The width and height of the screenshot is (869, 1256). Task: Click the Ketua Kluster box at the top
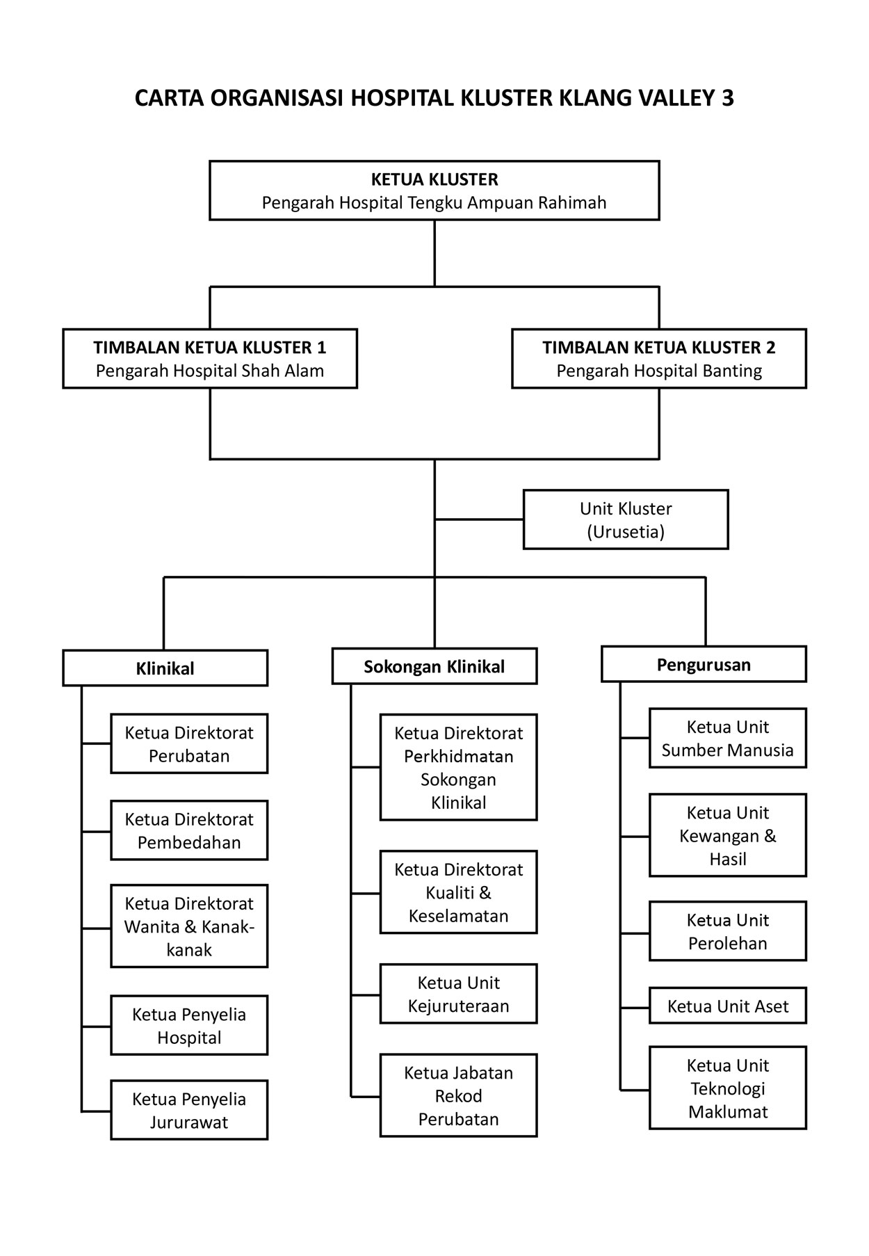434,191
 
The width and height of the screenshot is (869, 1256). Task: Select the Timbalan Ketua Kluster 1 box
210,358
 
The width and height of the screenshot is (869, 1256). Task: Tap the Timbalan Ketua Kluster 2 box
658,358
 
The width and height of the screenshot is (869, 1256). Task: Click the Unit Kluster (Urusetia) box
625,520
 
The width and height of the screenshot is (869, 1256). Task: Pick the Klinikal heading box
165,668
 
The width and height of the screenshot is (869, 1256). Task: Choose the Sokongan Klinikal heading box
434,666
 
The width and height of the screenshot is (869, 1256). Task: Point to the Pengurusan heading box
704,664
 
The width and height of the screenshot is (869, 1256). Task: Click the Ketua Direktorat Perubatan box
189,743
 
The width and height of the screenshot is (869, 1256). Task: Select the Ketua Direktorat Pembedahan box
189,830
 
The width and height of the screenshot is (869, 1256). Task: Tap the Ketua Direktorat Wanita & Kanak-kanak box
189,926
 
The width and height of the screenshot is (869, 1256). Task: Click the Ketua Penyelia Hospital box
189,1025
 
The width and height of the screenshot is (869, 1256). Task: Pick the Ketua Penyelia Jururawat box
189,1110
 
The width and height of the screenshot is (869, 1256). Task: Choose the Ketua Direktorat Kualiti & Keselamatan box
458,892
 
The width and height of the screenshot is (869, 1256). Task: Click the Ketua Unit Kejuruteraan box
458,994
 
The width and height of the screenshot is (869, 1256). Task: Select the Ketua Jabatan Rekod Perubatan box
458,1095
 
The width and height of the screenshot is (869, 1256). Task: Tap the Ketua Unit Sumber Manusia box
727,738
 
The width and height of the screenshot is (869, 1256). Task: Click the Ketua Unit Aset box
727,1006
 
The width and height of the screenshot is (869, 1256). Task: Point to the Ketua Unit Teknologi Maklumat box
727,1088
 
